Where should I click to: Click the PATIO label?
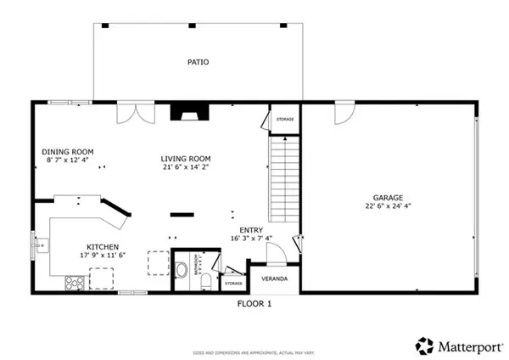click(199, 62)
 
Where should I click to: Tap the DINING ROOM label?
click(68, 152)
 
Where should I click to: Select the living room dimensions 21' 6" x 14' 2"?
click(187, 167)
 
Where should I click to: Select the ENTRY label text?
click(250, 230)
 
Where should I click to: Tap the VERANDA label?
click(274, 278)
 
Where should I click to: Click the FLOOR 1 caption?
click(254, 302)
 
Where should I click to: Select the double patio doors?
click(131, 111)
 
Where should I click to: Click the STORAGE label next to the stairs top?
click(285, 119)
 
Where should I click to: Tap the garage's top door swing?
click(344, 111)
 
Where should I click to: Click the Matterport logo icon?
click(423, 345)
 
